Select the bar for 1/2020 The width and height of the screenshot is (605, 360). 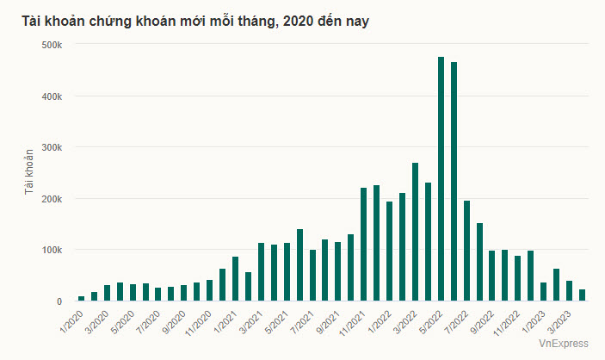click(x=81, y=298)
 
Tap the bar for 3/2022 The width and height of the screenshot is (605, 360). click(x=415, y=232)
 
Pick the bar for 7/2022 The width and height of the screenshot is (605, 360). click(x=466, y=251)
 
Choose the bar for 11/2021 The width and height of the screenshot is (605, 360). click(x=363, y=245)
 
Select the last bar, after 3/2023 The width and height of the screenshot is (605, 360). click(x=582, y=295)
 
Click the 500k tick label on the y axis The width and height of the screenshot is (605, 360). click(x=51, y=44)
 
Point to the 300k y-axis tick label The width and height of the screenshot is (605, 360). click(x=51, y=147)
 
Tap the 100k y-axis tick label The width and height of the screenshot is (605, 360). click(x=51, y=250)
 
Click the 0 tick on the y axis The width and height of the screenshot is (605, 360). click(x=59, y=301)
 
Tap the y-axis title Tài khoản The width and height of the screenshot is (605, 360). click(x=28, y=172)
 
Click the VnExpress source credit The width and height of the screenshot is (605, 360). click(x=564, y=344)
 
